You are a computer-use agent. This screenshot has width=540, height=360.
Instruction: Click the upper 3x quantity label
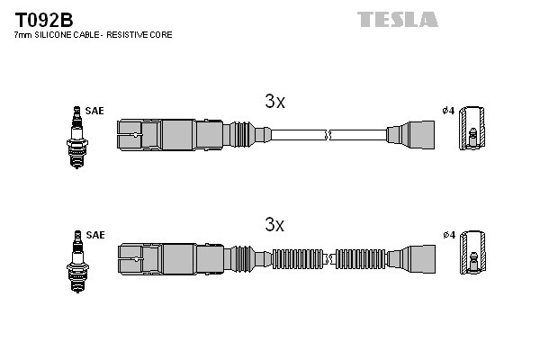point(274,102)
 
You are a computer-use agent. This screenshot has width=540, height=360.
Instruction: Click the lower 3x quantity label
point(274,224)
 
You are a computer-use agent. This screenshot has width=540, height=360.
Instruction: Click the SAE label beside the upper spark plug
point(95,112)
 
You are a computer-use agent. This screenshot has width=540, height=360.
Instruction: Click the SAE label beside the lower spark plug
point(95,235)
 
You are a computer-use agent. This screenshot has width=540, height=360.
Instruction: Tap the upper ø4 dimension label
point(447,112)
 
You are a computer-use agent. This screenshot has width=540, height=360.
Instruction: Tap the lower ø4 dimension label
point(447,235)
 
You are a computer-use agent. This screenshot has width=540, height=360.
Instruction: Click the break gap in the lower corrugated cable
point(330,258)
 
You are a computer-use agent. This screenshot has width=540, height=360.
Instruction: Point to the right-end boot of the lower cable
point(410,258)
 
